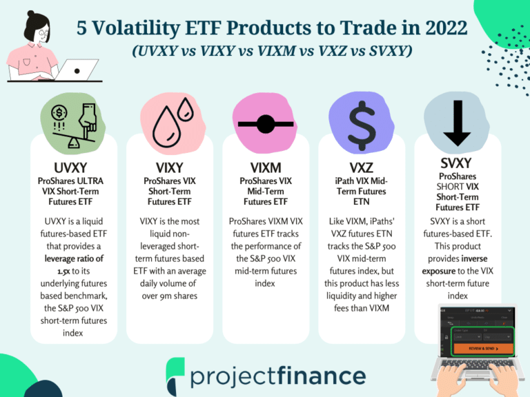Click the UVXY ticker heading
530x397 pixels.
tap(70, 167)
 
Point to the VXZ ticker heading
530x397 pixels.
tap(360, 167)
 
